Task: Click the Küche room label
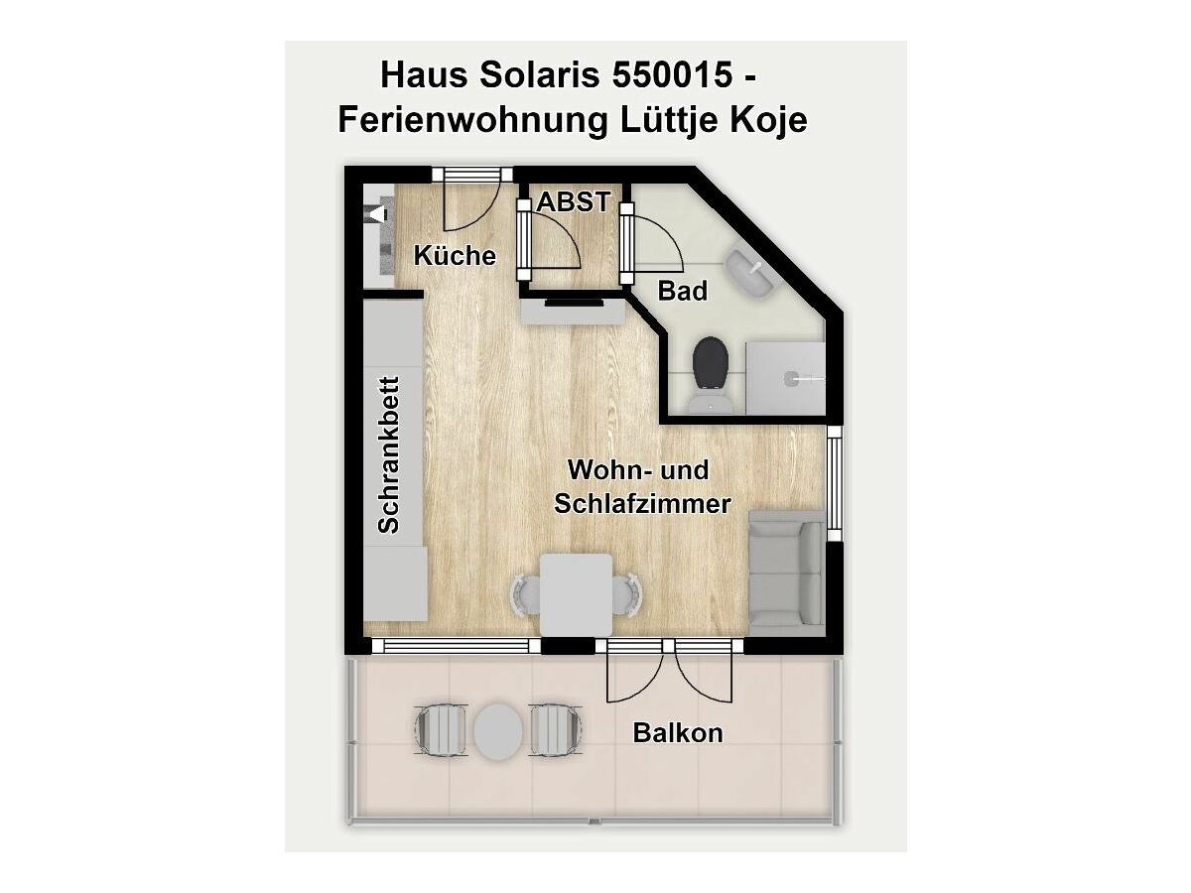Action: pyautogui.click(x=455, y=256)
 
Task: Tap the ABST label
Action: pyautogui.click(x=574, y=202)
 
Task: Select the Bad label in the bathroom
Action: pyautogui.click(x=683, y=291)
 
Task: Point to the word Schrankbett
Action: pyautogui.click(x=388, y=454)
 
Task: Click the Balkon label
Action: pyautogui.click(x=678, y=733)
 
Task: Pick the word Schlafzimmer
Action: pyautogui.click(x=642, y=505)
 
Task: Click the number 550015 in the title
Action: pyautogui.click(x=672, y=74)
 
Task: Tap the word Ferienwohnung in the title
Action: pyautogui.click(x=472, y=120)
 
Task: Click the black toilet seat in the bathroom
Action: pyautogui.click(x=711, y=362)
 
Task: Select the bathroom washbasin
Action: pyautogui.click(x=750, y=273)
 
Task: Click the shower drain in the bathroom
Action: pyautogui.click(x=792, y=378)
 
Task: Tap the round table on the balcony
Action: pyautogui.click(x=497, y=731)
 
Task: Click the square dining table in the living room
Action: pyautogui.click(x=577, y=594)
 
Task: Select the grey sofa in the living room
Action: pyautogui.click(x=787, y=574)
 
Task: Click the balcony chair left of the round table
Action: pyautogui.click(x=441, y=730)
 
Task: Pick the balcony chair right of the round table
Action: pyautogui.click(x=556, y=730)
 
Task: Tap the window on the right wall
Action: pyautogui.click(x=834, y=483)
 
